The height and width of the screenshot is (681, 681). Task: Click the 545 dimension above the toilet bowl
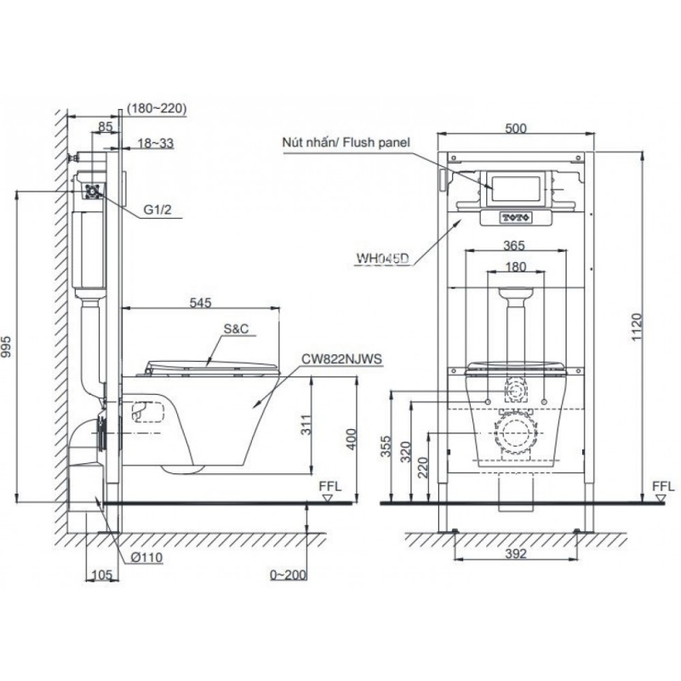200,302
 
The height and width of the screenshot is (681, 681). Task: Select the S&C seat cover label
237,329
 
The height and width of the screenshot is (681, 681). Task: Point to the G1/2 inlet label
157,209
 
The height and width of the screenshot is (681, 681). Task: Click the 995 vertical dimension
8,346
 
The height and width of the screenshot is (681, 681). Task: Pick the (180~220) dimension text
157,108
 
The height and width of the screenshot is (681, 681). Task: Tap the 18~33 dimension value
156,143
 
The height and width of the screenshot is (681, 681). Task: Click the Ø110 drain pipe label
146,558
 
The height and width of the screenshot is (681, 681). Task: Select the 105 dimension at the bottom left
102,575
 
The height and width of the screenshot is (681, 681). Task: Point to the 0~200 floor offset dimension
288,575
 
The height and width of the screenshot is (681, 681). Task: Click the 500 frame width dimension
516,129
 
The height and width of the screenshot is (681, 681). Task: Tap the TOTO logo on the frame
516,218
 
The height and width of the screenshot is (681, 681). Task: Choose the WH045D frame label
382,259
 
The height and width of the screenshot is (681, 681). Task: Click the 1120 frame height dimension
636,327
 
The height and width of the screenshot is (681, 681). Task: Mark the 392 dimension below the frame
516,553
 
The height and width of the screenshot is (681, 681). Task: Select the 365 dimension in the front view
514,245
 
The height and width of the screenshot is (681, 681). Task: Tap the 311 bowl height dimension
306,424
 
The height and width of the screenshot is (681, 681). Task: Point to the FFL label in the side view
330,486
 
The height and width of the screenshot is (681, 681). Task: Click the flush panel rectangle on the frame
515,188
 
